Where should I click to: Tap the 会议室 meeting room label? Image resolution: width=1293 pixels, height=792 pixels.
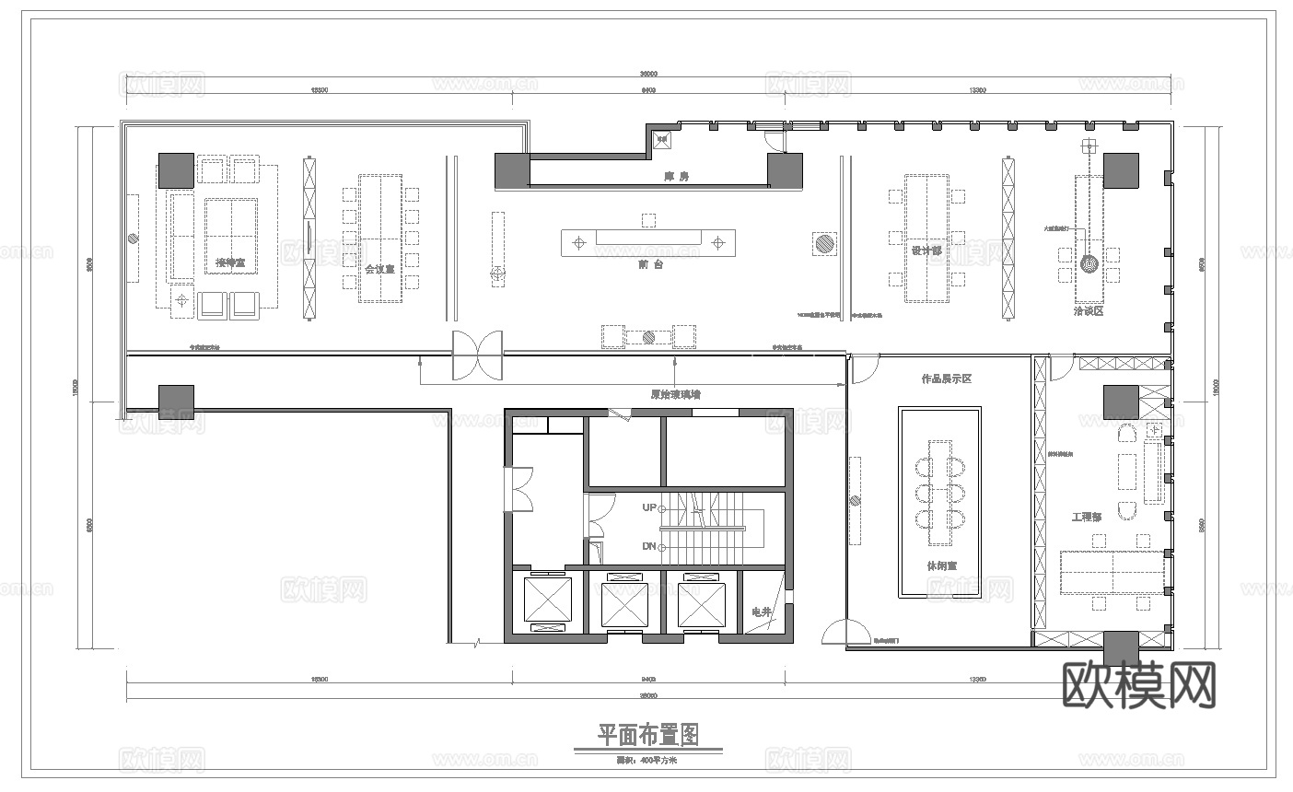[x=379, y=269]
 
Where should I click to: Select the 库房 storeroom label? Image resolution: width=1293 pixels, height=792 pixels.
[x=677, y=176]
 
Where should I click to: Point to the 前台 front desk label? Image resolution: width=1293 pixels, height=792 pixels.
[x=650, y=263]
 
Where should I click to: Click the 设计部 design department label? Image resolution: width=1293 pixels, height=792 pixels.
[x=926, y=250]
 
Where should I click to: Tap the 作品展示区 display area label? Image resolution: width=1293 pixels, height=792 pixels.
[x=947, y=379]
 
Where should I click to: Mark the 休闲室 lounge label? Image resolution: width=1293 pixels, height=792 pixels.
[x=941, y=565]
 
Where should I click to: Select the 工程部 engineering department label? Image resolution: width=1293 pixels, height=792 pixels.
[x=1087, y=517]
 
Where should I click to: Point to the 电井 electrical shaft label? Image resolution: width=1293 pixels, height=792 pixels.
[x=761, y=611]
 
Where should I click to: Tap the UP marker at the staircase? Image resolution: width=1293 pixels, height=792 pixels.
[x=649, y=507]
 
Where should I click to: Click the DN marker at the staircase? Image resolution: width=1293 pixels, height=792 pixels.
[x=649, y=546]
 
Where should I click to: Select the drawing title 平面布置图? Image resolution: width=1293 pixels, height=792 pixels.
[x=648, y=734]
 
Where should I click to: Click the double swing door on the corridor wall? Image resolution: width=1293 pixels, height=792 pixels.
[x=477, y=355]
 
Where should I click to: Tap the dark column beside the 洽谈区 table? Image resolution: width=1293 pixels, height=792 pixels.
[x=1121, y=171]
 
